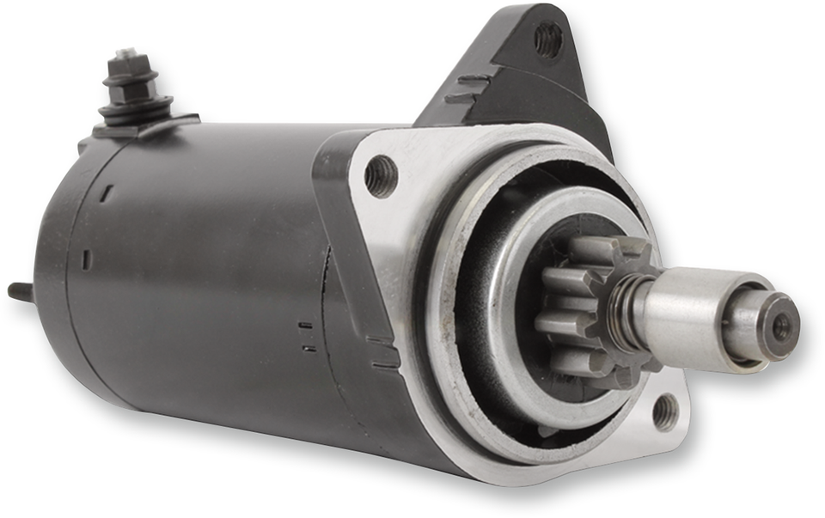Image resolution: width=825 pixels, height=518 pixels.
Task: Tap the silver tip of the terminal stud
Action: pos(125,55)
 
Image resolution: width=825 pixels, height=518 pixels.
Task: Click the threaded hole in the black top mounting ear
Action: pos(547,40)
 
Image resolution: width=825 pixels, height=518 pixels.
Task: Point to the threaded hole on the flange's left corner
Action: pos(381,176)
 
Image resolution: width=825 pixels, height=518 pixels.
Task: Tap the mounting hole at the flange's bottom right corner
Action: pos(665,411)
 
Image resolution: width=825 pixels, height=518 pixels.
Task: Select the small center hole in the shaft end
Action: pos(780,326)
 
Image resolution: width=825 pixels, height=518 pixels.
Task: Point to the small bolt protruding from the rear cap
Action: pos(21,292)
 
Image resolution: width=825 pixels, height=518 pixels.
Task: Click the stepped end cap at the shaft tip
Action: pos(769,325)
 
